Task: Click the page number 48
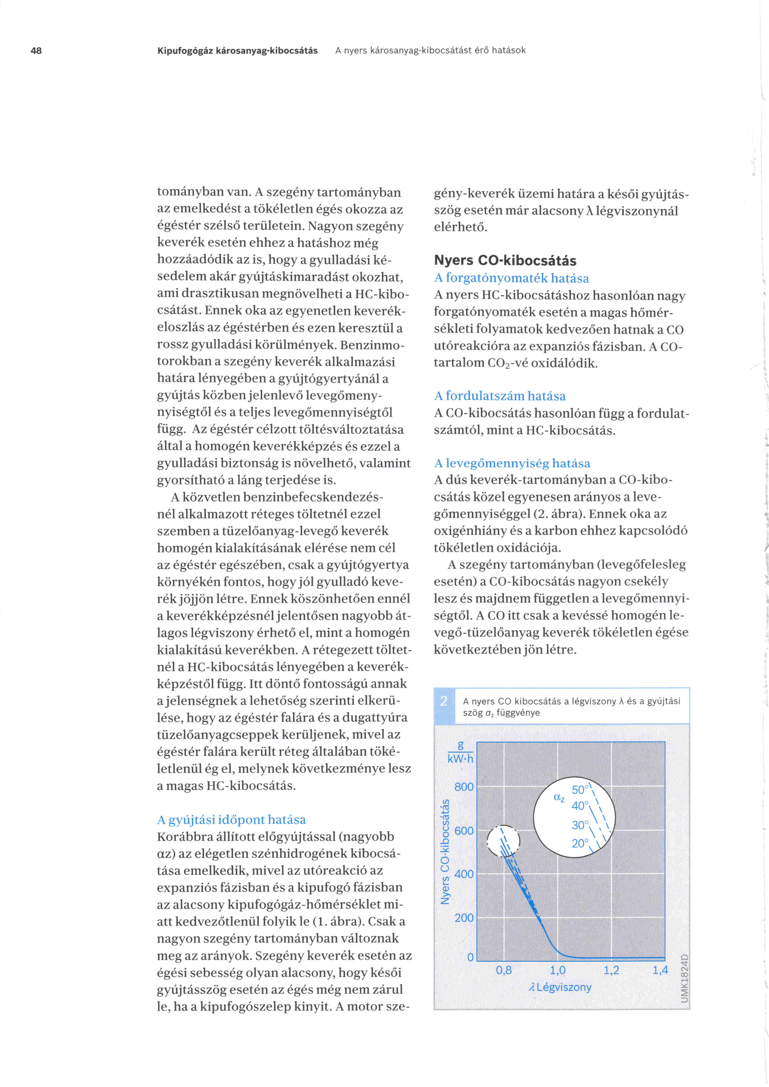pyautogui.click(x=36, y=50)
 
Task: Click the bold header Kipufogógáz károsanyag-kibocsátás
pyautogui.click(x=237, y=50)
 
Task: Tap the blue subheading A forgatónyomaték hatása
pyautogui.click(x=511, y=278)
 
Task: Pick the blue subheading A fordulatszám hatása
pyautogui.click(x=500, y=396)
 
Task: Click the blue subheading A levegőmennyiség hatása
pyautogui.click(x=512, y=463)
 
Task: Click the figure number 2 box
pyautogui.click(x=444, y=701)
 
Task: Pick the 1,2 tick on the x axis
pyautogui.click(x=611, y=970)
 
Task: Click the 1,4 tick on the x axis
pyautogui.click(x=660, y=970)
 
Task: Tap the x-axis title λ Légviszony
pyautogui.click(x=560, y=987)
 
